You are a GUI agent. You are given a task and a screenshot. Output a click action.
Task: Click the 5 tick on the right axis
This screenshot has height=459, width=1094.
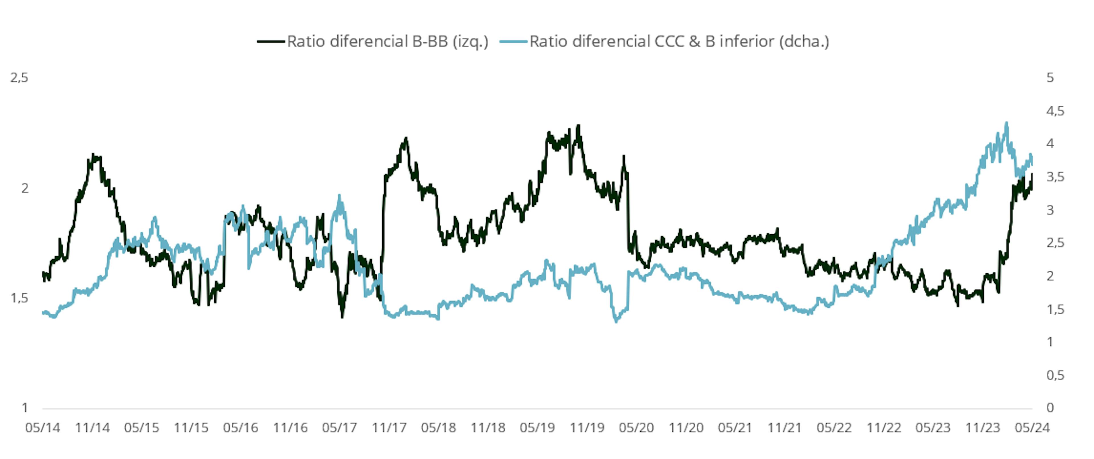pos(1050,78)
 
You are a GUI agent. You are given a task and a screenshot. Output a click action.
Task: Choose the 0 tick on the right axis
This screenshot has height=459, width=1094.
pos(1050,408)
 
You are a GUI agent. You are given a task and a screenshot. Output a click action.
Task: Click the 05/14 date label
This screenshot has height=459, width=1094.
pos(42,428)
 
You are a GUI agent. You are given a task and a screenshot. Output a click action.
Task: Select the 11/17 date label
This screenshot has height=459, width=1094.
pos(389,428)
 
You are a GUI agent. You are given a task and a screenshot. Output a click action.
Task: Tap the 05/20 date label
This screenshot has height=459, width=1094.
pos(636,428)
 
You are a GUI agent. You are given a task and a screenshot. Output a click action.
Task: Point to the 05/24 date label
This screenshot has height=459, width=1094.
pos(1032,428)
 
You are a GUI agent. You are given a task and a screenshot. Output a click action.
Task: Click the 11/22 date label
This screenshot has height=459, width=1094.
pos(884,428)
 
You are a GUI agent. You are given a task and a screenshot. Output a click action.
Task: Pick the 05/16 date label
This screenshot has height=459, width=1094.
pos(240,428)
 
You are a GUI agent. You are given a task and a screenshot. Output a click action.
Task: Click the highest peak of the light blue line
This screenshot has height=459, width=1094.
pos(1006,123)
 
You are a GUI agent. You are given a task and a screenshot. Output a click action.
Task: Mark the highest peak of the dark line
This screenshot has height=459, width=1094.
pos(578,126)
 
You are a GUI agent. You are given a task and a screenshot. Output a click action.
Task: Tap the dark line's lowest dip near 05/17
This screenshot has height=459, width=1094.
pos(342,317)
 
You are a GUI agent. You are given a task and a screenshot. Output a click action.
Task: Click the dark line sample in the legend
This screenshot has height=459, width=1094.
pos(271,42)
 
